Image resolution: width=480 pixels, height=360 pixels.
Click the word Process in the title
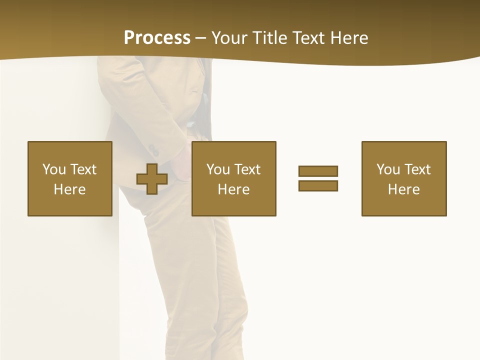point(157,38)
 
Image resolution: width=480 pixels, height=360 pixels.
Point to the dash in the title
point(201,38)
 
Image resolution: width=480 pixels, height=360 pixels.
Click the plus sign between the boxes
point(152,179)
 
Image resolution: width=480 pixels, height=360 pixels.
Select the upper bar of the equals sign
point(318,171)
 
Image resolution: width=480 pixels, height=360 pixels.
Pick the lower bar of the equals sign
point(318,185)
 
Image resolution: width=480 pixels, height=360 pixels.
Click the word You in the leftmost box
point(54,169)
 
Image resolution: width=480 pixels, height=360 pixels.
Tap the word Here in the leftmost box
point(69,189)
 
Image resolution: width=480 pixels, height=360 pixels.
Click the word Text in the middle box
point(247,169)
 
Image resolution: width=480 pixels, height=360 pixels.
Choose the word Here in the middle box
point(233,189)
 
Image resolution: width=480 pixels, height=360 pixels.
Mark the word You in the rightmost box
point(388,169)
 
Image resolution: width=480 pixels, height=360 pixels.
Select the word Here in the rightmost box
point(403,189)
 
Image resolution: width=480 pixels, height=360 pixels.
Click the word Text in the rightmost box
point(417,169)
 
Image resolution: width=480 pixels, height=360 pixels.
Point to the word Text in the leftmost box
point(83,169)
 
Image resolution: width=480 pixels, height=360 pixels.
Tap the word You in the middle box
point(218,169)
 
